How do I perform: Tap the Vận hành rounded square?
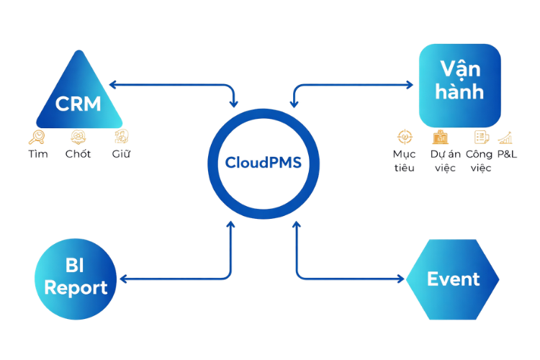click(459, 82)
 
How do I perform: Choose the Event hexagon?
click(452, 279)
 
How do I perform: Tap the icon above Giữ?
click(120, 135)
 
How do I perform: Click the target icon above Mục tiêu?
click(405, 136)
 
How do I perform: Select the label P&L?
click(508, 154)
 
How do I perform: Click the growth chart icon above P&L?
click(505, 136)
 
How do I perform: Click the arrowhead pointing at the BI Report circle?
click(122, 279)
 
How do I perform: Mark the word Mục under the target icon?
click(404, 154)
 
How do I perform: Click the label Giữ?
click(120, 153)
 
